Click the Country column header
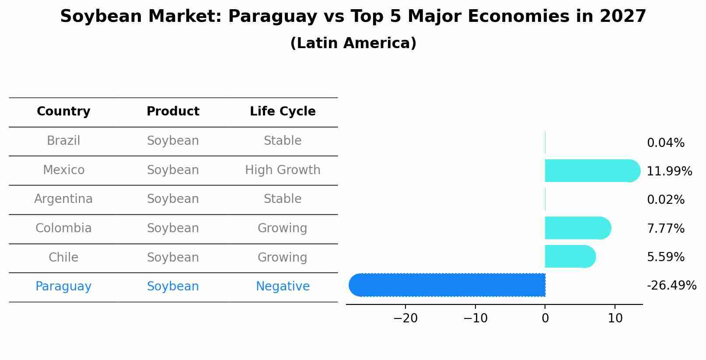pyautogui.click(x=63, y=112)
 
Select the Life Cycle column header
pyautogui.click(x=283, y=112)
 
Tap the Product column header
pyautogui.click(x=173, y=112)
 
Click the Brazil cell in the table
pyautogui.click(x=63, y=141)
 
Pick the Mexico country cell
pyautogui.click(x=63, y=170)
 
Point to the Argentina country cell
pyautogui.click(x=63, y=199)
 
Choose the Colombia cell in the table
pyautogui.click(x=63, y=228)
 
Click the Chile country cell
pyautogui.click(x=63, y=258)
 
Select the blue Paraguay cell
pyautogui.click(x=63, y=287)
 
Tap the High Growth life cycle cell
pyautogui.click(x=283, y=170)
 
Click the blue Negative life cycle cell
pyautogui.click(x=283, y=287)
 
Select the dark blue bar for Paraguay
pyautogui.click(x=447, y=285)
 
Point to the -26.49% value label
pyautogui.click(x=671, y=286)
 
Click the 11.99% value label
pyautogui.click(x=669, y=171)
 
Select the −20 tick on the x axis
pyautogui.click(x=405, y=318)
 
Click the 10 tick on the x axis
pyautogui.click(x=615, y=318)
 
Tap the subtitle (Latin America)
pyautogui.click(x=353, y=43)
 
